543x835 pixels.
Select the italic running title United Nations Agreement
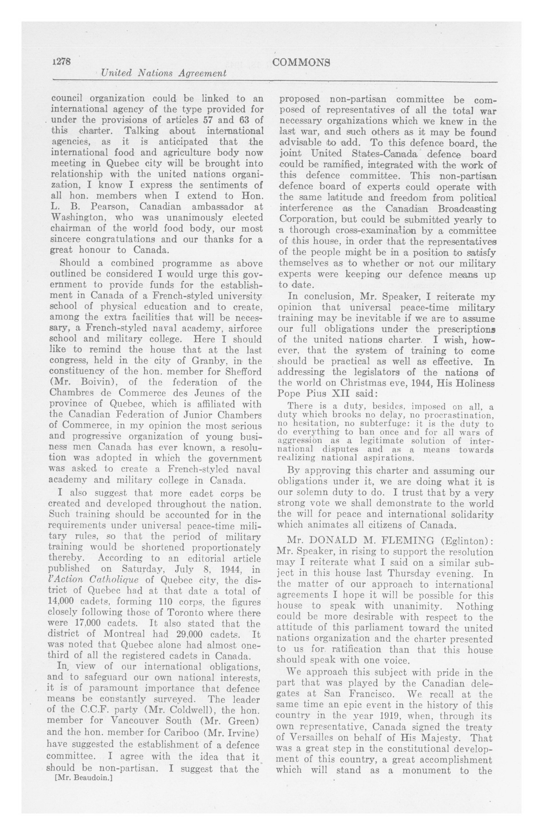coord(164,73)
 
